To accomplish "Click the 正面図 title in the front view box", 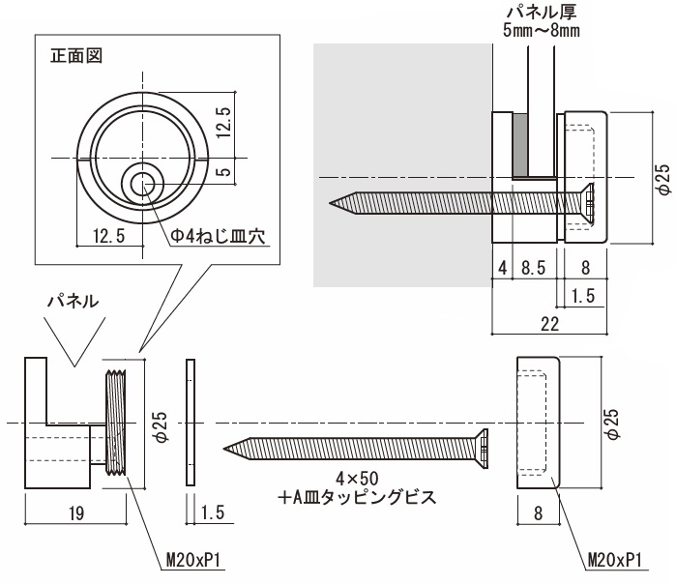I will tap(76, 55).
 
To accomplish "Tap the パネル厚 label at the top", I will tap(541, 13).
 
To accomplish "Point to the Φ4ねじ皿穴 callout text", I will tap(219, 236).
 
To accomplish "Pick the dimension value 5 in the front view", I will tap(223, 172).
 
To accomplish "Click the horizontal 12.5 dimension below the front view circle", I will tap(107, 236).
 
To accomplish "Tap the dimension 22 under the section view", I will tap(549, 325).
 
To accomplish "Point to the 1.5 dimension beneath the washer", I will tap(215, 513).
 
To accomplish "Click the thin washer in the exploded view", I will tap(190, 423).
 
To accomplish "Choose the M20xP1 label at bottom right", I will tap(616, 560).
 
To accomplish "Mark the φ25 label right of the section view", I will tap(661, 179).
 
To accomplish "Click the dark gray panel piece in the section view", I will tap(520, 145).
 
